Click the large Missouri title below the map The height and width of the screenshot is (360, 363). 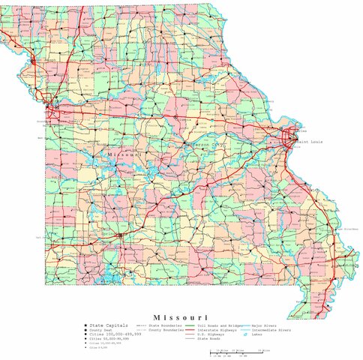[x=181, y=317]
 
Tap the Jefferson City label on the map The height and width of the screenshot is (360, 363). [x=205, y=143]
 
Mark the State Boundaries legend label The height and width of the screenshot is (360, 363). [x=166, y=325]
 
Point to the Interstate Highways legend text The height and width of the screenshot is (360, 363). [x=217, y=330]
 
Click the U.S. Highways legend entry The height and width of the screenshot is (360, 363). [x=211, y=334]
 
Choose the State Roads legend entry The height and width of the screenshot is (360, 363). [x=209, y=339]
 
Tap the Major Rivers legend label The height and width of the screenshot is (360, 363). [x=266, y=325]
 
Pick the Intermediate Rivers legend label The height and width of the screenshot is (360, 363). [x=271, y=330]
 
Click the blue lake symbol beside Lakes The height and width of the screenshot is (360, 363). [x=246, y=335]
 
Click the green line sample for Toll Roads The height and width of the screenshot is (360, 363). [x=191, y=325]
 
